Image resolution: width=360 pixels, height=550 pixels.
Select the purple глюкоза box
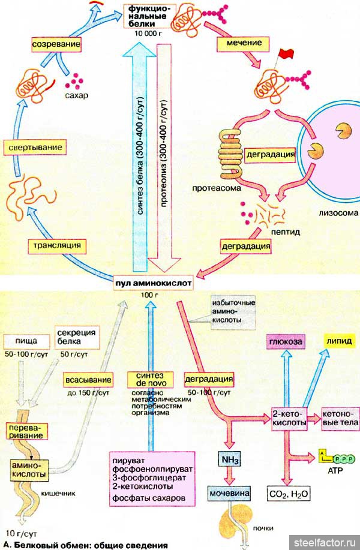pyautogui.click(x=285, y=341)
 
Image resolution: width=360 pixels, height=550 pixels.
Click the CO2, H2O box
pyautogui.click(x=286, y=494)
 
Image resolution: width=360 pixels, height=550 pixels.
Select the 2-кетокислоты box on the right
pyautogui.click(x=289, y=418)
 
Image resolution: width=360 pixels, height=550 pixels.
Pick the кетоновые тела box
pyautogui.click(x=340, y=418)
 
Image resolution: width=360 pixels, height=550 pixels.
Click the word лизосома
pyautogui.click(x=339, y=213)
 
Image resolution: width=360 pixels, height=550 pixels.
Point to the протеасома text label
pyautogui.click(x=217, y=188)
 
